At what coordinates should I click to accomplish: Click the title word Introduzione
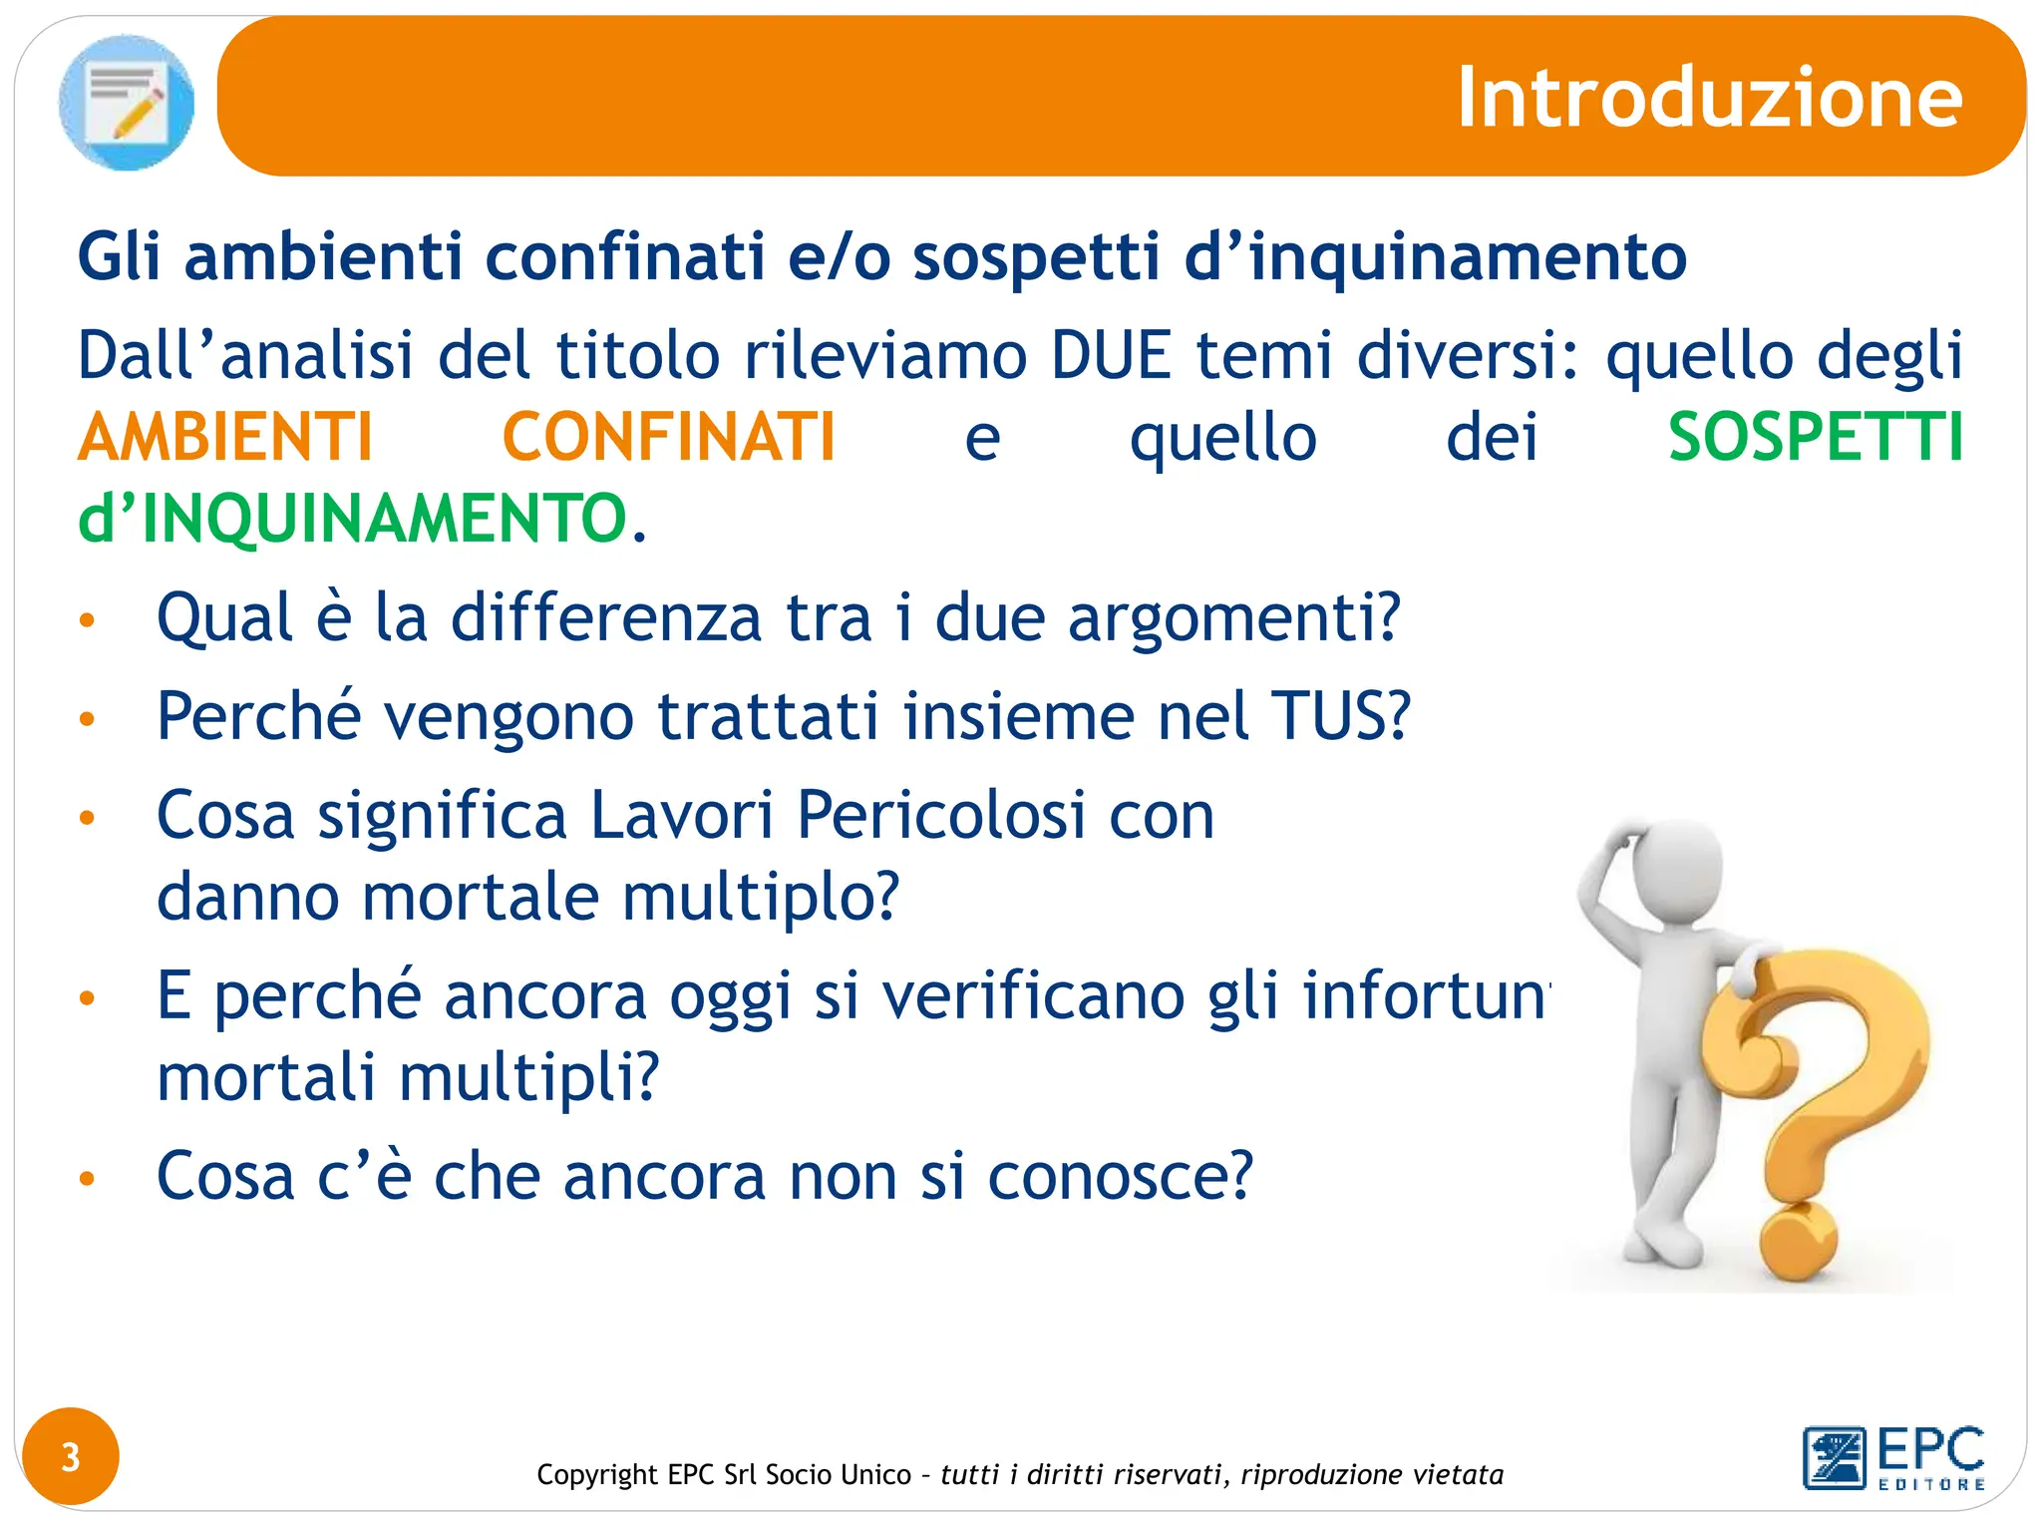(1709, 98)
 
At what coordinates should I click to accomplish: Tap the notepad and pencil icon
(127, 102)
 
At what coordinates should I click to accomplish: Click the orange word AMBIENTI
(225, 438)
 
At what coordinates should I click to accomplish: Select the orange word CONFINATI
(669, 438)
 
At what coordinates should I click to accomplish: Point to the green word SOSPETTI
(1815, 438)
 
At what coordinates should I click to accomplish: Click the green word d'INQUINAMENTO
(352, 519)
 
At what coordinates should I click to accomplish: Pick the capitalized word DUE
(1111, 355)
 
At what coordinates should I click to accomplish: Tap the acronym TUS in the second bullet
(1340, 716)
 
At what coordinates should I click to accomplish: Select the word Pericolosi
(940, 816)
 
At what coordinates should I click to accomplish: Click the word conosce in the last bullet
(1119, 1177)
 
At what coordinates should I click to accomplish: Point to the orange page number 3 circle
(70, 1457)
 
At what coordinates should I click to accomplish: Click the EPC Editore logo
(1893, 1458)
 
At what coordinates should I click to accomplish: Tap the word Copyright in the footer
(597, 1474)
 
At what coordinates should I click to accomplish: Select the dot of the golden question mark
(1798, 1243)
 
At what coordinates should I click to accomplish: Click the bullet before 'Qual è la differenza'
(88, 620)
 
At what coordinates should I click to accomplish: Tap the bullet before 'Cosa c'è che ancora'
(88, 1179)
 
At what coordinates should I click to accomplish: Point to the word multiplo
(761, 897)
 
